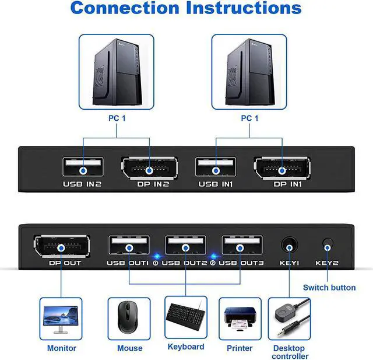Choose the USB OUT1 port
tap(129, 246)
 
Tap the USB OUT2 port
tap(185, 246)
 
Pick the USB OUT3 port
tap(241, 246)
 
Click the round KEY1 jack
tap(289, 245)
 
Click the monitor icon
tap(61, 319)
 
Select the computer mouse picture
tap(129, 319)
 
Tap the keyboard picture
tap(185, 317)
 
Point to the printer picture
tap(240, 319)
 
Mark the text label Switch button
tap(329, 287)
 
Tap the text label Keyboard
tap(185, 347)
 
